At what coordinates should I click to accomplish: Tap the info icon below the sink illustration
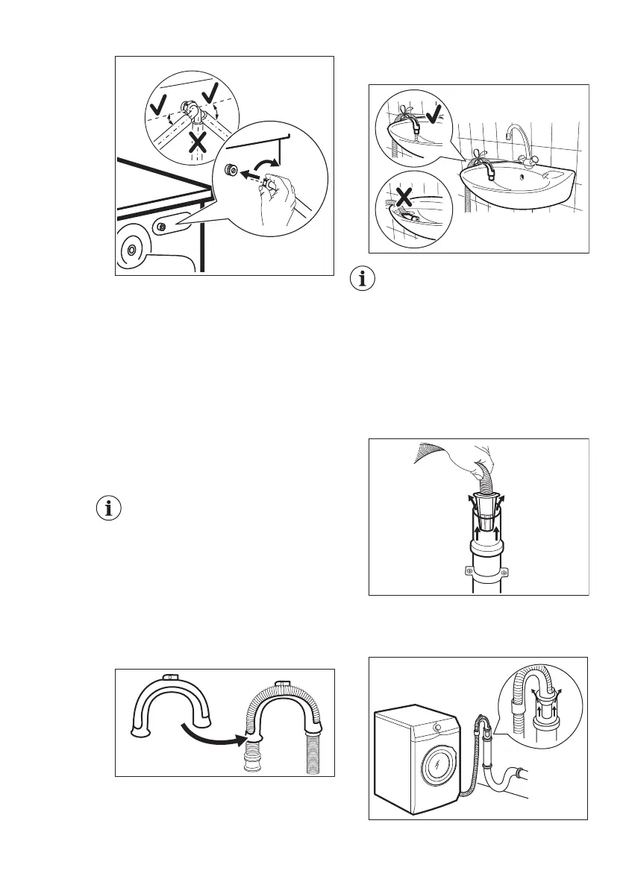(x=363, y=280)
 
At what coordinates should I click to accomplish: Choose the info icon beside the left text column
(x=110, y=510)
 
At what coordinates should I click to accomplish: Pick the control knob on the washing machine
(x=436, y=728)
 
